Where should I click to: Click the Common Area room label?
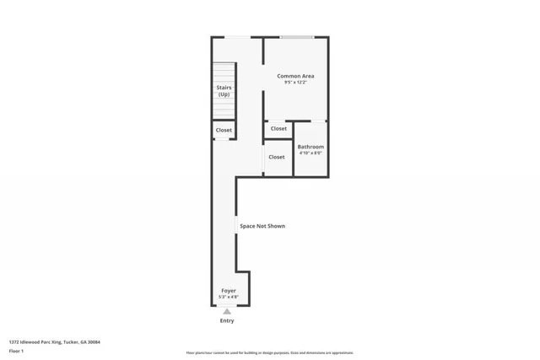tap(295, 76)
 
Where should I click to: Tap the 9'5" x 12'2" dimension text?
tap(295, 83)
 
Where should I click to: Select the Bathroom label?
tap(310, 147)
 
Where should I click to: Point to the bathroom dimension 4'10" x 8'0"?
tap(310, 153)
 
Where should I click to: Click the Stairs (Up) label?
tap(224, 90)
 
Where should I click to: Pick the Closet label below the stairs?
tap(224, 130)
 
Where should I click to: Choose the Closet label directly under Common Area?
tap(278, 128)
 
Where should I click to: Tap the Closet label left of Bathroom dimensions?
tap(277, 157)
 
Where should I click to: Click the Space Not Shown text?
tap(262, 226)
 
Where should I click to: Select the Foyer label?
tap(229, 291)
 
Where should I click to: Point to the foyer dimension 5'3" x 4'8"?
tap(229, 298)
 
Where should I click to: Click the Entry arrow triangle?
tap(227, 312)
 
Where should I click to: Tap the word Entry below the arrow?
tap(227, 320)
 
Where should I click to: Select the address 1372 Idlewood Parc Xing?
tap(35, 341)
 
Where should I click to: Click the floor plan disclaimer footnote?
tap(269, 353)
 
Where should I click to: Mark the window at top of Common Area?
tap(297, 37)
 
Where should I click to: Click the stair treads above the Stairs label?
tap(223, 73)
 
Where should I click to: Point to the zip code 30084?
tap(94, 341)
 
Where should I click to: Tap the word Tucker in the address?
tap(70, 341)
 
